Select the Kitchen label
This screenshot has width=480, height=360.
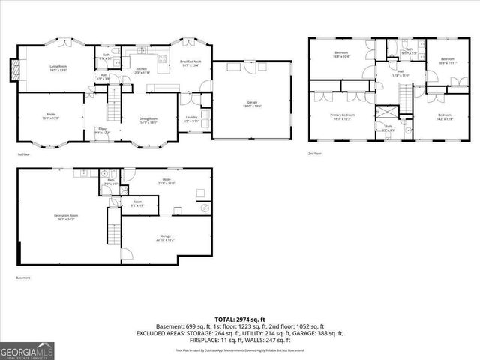(141, 70)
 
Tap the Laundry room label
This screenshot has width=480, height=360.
(191, 119)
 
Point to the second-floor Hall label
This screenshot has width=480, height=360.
(401, 73)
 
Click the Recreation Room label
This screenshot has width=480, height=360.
(66, 217)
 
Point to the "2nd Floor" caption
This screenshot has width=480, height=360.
(314, 154)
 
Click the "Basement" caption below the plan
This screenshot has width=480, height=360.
(24, 277)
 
